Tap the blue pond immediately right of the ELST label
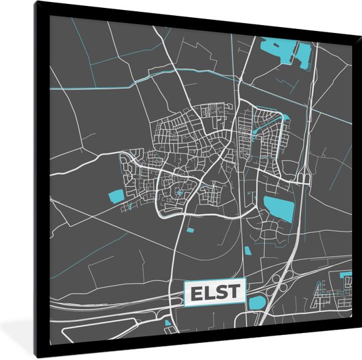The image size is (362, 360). [x=256, y=303]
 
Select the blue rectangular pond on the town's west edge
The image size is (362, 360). [x=116, y=195]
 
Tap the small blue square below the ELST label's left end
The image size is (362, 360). [x=167, y=322]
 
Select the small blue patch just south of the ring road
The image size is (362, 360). [x=192, y=230]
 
